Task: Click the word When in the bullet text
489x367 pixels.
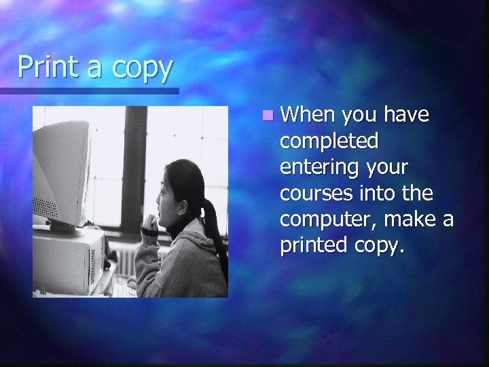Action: [309, 116]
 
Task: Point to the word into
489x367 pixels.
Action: [380, 194]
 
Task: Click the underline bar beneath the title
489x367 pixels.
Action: [89, 90]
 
